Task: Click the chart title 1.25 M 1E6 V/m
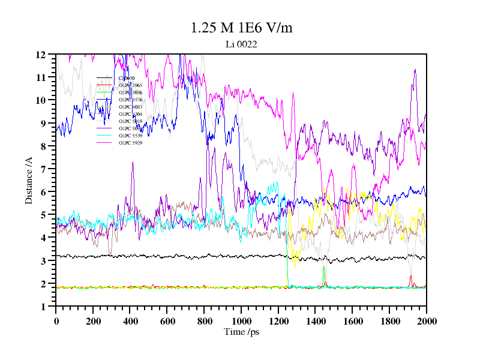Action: coord(241,28)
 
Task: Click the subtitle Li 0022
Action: coord(241,44)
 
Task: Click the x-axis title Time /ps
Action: coord(241,331)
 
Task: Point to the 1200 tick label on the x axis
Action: coord(278,321)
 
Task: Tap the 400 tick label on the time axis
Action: coord(130,321)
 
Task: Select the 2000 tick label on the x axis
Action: coord(426,321)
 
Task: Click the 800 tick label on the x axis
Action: coord(204,321)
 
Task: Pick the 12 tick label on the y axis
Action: coord(41,55)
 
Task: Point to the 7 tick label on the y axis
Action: coord(43,169)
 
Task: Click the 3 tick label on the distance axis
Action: coord(43,261)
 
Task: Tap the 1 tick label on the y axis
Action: coord(43,307)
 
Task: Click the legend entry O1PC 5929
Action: coord(130,143)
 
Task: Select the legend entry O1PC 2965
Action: coord(130,85)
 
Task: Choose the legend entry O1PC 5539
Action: coord(130,136)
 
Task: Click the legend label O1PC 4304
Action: coord(130,114)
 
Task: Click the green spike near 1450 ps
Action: coord(323,267)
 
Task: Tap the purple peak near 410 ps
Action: coord(133,163)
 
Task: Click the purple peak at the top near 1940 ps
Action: coord(415,70)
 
